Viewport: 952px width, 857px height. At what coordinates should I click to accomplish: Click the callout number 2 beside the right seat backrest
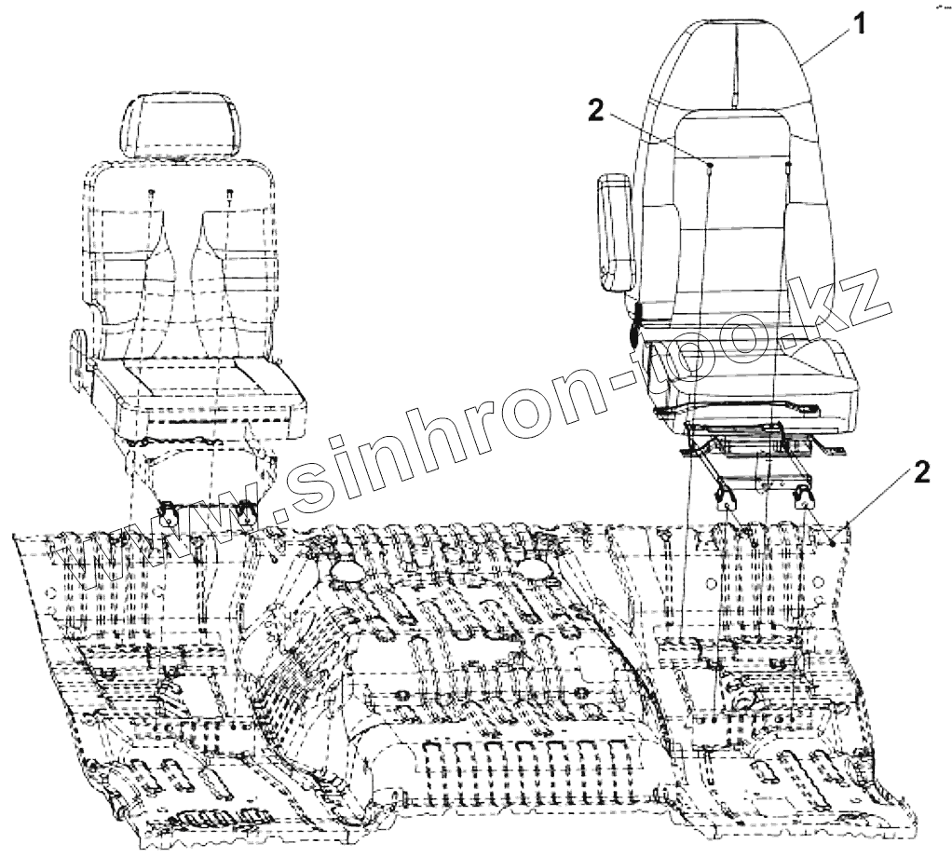pos(595,113)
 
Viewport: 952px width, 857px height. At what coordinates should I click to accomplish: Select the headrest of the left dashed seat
pos(181,125)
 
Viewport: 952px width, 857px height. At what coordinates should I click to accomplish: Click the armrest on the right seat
pos(614,233)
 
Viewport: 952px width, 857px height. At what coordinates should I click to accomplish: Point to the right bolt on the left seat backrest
pos(229,193)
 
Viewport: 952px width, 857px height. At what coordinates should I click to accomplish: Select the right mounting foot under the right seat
pos(803,497)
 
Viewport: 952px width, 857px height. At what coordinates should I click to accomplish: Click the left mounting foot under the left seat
pos(170,510)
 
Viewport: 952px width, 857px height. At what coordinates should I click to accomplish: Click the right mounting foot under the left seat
pos(247,510)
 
